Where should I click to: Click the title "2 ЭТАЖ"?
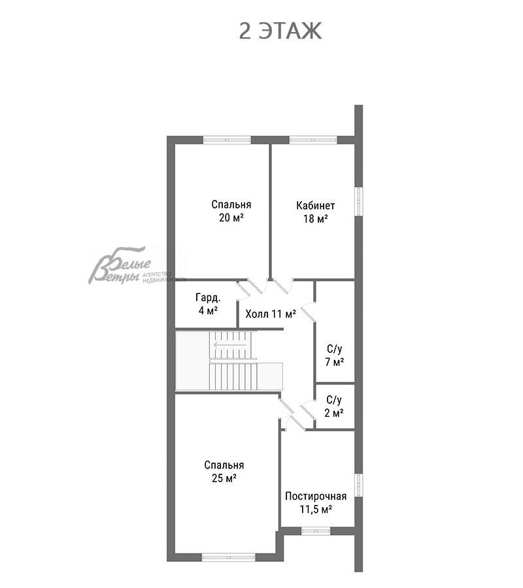280,31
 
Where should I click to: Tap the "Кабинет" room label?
316,206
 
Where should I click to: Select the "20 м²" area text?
231,218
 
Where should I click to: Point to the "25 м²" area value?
224,478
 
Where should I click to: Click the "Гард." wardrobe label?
209,298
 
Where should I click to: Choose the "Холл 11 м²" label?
271,314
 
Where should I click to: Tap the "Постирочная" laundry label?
316,496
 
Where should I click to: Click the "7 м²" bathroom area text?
335,362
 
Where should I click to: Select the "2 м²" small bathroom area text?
334,413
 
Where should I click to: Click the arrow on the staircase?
230,345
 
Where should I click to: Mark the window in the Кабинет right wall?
359,201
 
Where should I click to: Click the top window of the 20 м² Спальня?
227,140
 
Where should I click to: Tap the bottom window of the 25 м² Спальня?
228,557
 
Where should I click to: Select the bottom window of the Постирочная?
316,531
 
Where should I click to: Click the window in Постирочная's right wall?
359,485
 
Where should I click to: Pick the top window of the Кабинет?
313,140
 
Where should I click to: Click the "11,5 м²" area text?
316,509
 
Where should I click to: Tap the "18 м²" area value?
316,219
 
